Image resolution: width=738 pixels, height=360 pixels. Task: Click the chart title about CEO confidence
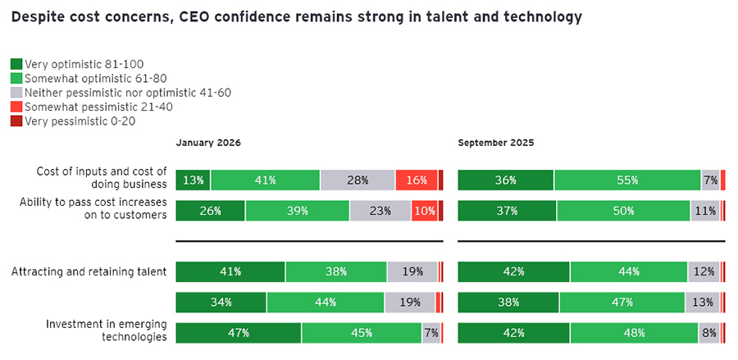point(297,16)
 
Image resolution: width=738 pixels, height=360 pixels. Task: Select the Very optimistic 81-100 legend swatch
point(16,63)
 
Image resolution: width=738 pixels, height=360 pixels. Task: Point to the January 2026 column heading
point(208,142)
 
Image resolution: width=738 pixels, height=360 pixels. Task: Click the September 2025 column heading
point(496,142)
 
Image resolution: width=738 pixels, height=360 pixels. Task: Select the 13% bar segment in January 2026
point(194,180)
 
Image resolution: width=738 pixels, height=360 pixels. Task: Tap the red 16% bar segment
point(416,180)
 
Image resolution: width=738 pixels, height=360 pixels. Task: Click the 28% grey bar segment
point(358,180)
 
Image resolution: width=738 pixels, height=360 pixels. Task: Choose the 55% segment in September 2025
point(627,180)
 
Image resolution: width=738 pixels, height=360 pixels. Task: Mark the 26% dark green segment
point(210,211)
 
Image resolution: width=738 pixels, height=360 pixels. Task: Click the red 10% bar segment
point(424,211)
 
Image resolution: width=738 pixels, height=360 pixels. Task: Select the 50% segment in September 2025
point(623,211)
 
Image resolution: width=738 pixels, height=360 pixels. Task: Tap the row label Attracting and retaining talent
point(89,271)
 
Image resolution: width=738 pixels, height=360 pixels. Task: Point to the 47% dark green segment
point(238,332)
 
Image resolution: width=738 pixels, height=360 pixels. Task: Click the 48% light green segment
point(634,332)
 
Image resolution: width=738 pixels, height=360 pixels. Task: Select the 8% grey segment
point(708,332)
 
